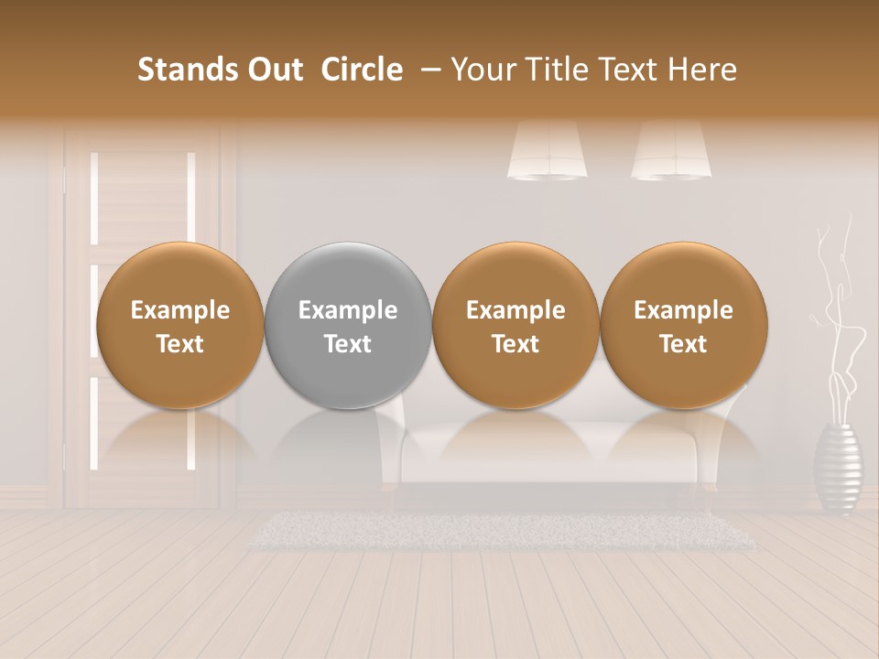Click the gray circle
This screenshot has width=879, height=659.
coord(348,326)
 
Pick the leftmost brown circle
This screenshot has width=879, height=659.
coord(180,326)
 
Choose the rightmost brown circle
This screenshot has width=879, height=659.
coord(683,326)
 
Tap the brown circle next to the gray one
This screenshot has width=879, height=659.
coord(515,326)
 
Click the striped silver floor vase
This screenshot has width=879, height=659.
coord(838,467)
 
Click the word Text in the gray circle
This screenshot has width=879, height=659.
coord(348,344)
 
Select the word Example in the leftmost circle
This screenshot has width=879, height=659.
coord(180,310)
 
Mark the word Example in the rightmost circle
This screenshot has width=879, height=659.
coord(683,310)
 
